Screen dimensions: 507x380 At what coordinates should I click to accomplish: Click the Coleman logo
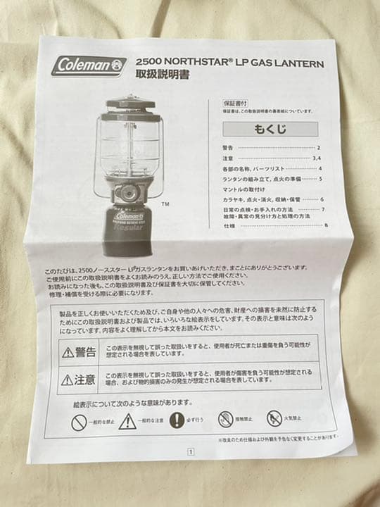click(x=89, y=65)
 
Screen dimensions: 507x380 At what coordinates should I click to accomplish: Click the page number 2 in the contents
click(x=318, y=148)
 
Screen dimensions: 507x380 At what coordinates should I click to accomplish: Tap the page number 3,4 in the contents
click(x=317, y=158)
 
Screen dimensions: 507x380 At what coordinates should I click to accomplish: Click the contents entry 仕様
click(x=229, y=225)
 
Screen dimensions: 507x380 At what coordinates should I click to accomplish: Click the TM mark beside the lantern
click(x=165, y=205)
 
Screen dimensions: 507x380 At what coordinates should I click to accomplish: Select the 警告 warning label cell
click(x=78, y=351)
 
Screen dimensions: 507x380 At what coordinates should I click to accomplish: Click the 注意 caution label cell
click(x=78, y=380)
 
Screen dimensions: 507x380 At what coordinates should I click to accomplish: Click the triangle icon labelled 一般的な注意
click(x=127, y=420)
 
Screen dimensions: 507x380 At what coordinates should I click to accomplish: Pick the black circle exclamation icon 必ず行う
click(x=177, y=420)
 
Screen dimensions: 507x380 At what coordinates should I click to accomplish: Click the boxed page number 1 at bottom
click(x=189, y=454)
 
